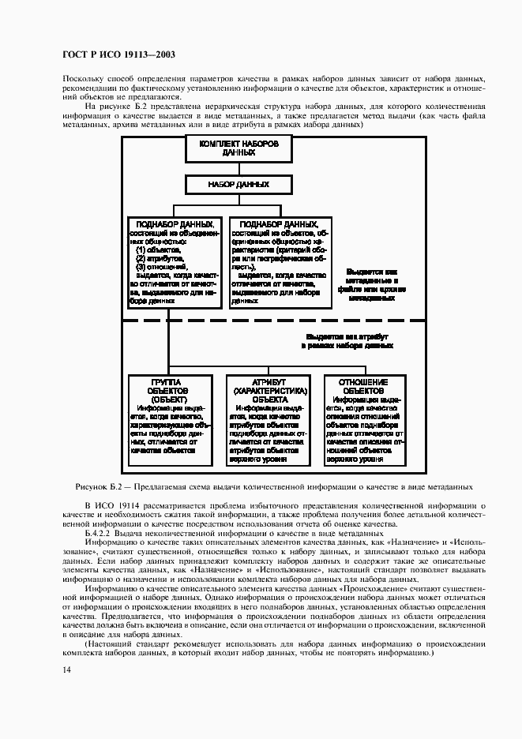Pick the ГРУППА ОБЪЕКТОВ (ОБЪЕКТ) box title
point(167,390)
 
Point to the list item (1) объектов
point(156,249)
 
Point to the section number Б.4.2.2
point(103,535)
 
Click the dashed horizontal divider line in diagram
point(272,321)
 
